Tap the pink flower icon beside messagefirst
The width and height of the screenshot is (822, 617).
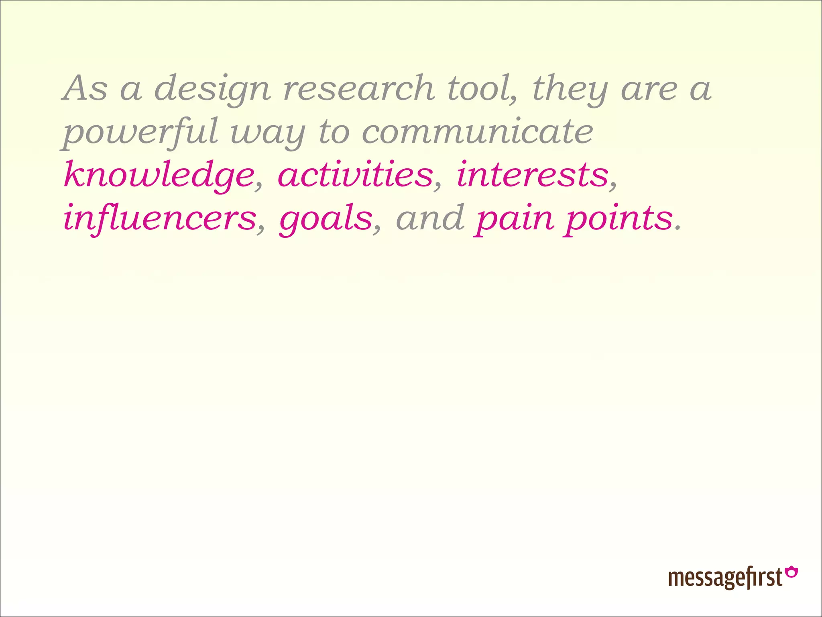point(791,572)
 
